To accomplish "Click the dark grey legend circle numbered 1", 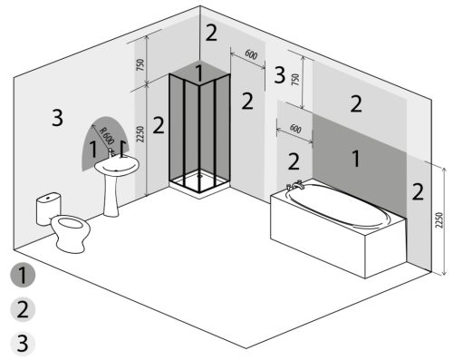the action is point(23,275).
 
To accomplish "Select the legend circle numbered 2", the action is point(23,309).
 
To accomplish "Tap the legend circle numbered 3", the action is point(23,344).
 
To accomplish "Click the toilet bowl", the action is point(71,233).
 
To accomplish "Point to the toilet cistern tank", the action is point(48,209).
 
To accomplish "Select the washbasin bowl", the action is point(117,165).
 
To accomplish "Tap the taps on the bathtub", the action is point(294,184).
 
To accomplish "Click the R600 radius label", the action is point(107,136).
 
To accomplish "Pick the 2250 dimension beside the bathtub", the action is point(439,220).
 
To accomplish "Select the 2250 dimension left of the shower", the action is point(140,134).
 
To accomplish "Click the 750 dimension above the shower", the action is point(140,64).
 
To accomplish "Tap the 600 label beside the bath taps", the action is point(295,129).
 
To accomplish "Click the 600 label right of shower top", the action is point(251,54).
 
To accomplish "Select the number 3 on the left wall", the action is point(57,118).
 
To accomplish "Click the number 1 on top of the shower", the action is point(198,73).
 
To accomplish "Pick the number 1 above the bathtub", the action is point(356,159).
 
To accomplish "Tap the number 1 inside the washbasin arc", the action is point(93,149).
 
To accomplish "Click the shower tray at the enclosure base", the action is point(199,184).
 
